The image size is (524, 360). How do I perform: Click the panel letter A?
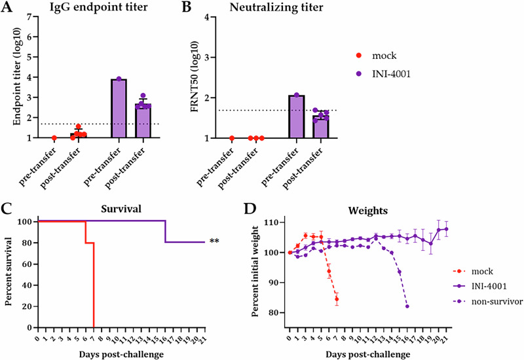pos(8,8)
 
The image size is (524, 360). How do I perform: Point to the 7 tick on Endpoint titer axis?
pos(30,18)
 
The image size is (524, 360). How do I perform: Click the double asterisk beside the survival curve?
pos(214,242)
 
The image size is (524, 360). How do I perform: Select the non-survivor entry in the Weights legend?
pos(481,301)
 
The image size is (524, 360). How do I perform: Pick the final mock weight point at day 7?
pos(337,300)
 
